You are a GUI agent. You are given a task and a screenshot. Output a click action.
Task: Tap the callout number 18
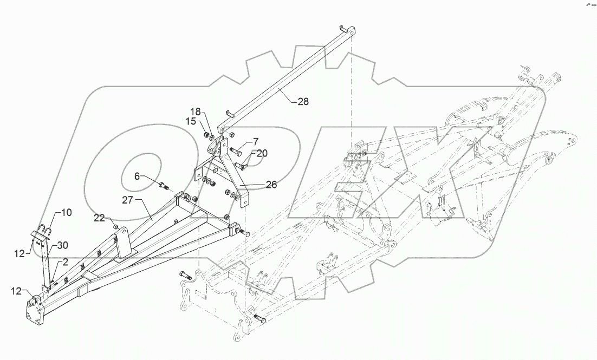pyautogui.click(x=194, y=112)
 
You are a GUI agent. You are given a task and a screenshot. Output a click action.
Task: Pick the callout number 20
pyautogui.click(x=262, y=153)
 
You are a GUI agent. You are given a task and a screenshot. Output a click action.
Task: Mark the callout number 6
pyautogui.click(x=137, y=176)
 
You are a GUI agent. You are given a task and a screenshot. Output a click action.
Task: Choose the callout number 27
pyautogui.click(x=127, y=200)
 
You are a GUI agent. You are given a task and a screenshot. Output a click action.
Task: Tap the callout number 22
pyautogui.click(x=99, y=218)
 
